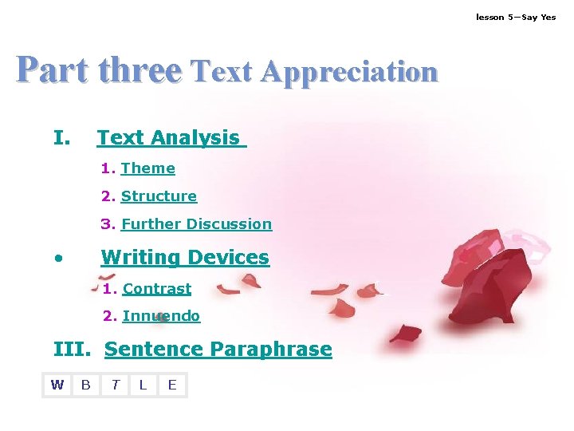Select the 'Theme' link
click(147, 168)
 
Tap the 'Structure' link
click(159, 196)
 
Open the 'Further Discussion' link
click(196, 224)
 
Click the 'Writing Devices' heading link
click(185, 258)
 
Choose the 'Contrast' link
click(157, 289)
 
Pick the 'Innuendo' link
click(161, 316)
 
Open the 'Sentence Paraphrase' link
click(218, 350)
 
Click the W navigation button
click(57, 386)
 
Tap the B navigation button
click(86, 386)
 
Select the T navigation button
click(115, 386)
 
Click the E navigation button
click(172, 386)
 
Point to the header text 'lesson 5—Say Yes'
click(516, 17)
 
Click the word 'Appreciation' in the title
click(349, 73)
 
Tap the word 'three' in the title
click(140, 71)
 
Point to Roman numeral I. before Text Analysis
click(61, 138)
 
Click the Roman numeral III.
click(72, 350)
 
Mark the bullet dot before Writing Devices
click(58, 259)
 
